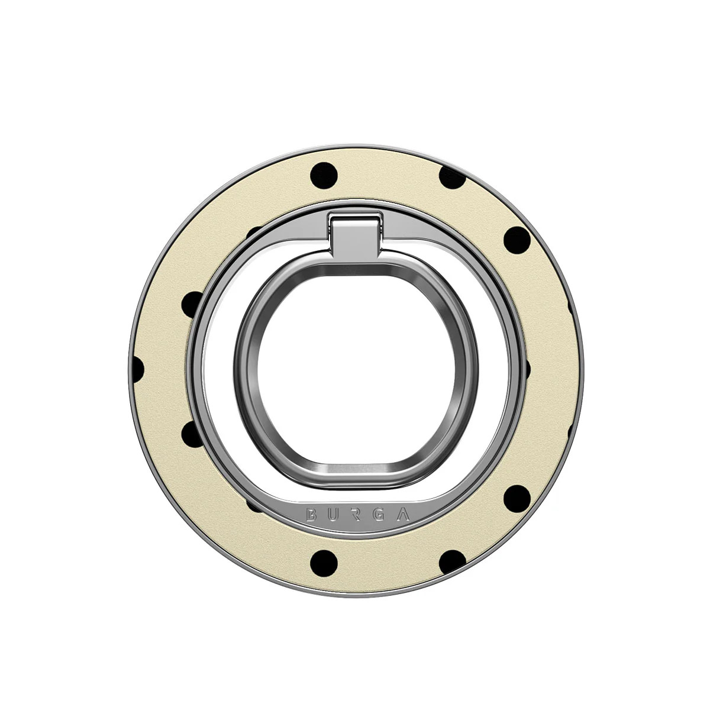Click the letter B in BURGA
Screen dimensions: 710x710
click(x=311, y=514)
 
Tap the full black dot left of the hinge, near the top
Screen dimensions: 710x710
click(x=324, y=175)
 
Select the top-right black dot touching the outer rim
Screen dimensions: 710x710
click(x=452, y=177)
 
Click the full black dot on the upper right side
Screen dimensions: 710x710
click(x=517, y=240)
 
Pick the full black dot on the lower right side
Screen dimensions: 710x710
click(x=517, y=498)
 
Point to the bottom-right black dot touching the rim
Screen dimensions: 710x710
click(x=451, y=561)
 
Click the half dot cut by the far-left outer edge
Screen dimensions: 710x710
click(x=137, y=369)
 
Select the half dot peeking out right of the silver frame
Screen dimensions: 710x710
click(x=527, y=369)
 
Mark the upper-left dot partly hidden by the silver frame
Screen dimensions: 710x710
click(x=191, y=304)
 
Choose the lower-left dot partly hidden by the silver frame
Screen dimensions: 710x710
click(x=191, y=434)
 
